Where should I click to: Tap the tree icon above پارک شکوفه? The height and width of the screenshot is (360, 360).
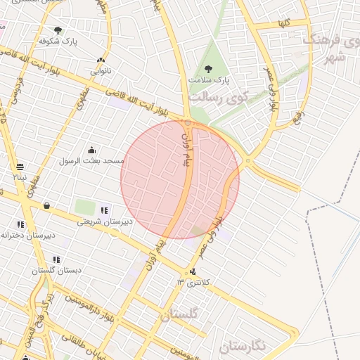tap(58, 30)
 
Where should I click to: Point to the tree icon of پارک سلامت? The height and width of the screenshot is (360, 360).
tap(207, 69)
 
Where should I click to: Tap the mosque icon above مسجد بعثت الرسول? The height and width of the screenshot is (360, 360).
tap(91, 150)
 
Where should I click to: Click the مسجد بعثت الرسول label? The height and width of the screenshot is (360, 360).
tap(93, 161)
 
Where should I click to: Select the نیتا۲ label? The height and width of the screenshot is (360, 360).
tap(19, 177)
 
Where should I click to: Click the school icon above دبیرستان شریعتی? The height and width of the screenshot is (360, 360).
tap(105, 210)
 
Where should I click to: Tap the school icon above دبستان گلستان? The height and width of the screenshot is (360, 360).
tap(56, 259)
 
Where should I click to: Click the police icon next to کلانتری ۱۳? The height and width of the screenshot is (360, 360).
tap(193, 273)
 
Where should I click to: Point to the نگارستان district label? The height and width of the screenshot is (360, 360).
tap(243, 346)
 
